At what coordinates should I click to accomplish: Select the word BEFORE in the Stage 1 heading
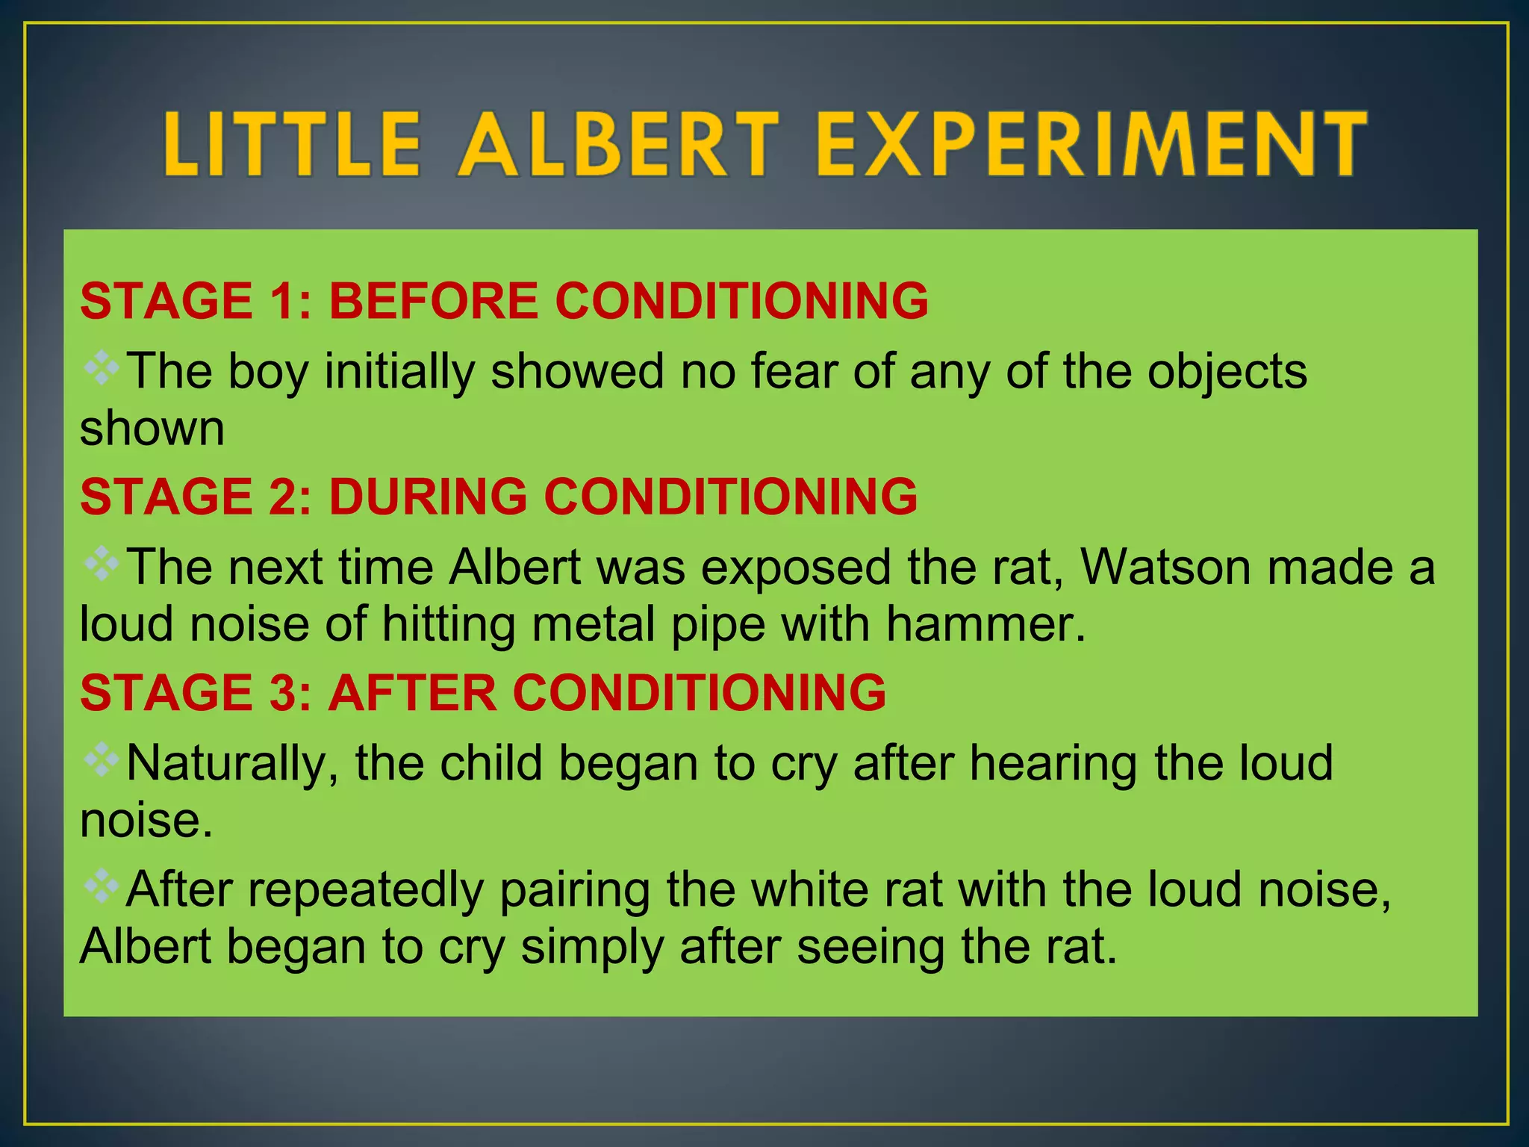pyautogui.click(x=433, y=301)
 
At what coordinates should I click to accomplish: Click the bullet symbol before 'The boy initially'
pyautogui.click(x=101, y=367)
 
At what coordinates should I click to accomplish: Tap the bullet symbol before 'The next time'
pyautogui.click(x=101, y=564)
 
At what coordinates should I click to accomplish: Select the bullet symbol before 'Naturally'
pyautogui.click(x=101, y=760)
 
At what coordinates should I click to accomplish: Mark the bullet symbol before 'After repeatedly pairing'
pyautogui.click(x=101, y=886)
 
